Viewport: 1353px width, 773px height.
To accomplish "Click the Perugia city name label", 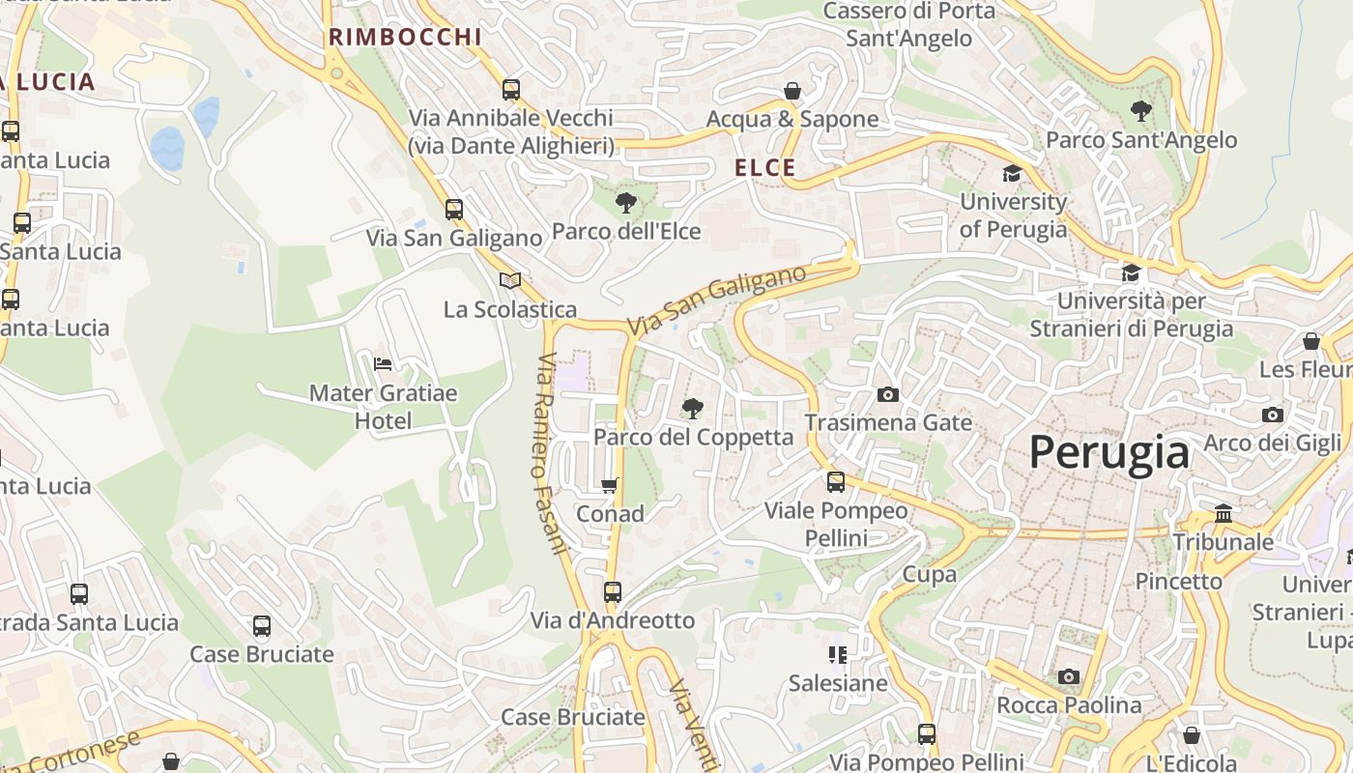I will point(1108,452).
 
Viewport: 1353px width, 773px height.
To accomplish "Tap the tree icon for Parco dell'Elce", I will point(626,203).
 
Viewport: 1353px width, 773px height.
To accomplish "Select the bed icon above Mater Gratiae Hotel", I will point(383,364).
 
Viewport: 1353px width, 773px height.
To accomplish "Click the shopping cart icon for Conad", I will point(610,485).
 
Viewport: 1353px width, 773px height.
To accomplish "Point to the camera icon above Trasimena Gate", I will point(888,394).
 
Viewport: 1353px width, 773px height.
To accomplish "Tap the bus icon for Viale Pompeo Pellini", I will point(836,481).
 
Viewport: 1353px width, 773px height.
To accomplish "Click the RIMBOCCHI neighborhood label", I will point(405,37).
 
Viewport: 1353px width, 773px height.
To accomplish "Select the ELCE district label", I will point(765,167).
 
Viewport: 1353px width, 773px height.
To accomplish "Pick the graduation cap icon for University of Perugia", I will point(1012,173).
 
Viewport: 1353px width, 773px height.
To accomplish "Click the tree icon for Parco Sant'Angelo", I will point(1141,111).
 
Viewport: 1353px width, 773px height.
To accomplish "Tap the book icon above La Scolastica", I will point(510,280).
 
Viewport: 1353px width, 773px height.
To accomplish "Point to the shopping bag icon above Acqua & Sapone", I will point(792,91).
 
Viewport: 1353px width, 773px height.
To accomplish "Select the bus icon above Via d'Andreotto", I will point(612,591).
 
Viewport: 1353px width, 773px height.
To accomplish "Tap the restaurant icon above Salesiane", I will point(838,655).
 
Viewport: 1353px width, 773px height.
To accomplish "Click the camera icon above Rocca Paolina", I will point(1068,676).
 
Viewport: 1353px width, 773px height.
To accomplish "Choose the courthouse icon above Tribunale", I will point(1223,513).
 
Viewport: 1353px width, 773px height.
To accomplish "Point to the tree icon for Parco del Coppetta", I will point(692,409).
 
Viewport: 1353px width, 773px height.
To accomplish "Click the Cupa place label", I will point(929,574).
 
